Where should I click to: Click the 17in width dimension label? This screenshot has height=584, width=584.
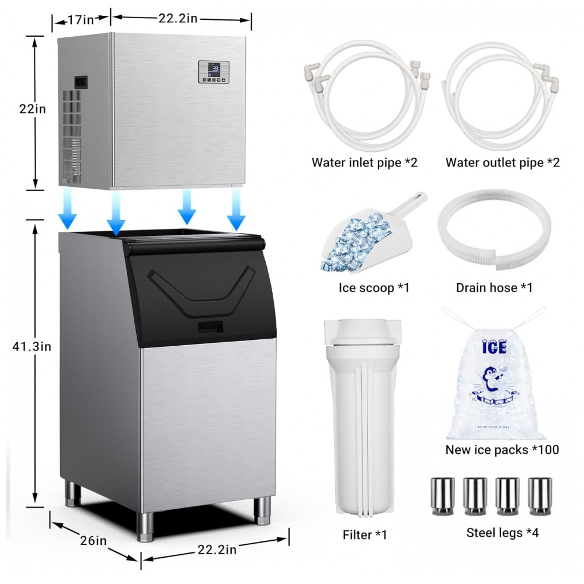(81, 20)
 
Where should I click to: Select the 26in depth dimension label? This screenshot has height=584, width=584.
(93, 540)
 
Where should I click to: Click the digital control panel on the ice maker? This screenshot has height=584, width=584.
(213, 72)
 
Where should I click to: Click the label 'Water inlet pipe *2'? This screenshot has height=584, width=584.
(364, 162)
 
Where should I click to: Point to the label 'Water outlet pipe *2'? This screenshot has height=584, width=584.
(502, 162)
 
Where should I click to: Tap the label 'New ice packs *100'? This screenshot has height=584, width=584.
(502, 450)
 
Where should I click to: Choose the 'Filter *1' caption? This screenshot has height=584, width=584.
(364, 534)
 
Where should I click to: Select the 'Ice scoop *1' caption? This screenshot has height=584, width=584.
(374, 287)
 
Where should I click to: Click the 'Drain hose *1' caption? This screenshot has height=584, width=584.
(494, 287)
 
